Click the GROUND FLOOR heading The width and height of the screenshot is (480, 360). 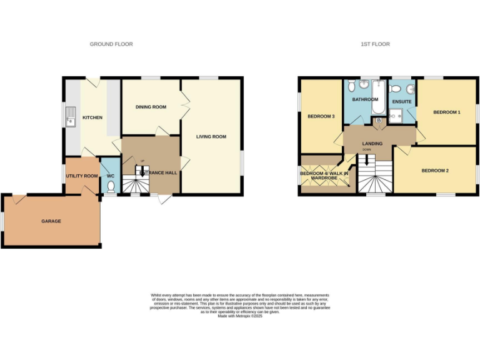[111, 44]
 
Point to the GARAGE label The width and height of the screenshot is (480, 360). [51, 221]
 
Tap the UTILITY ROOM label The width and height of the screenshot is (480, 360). [82, 176]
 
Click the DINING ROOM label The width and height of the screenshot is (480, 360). [151, 107]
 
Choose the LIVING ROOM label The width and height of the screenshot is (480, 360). [211, 136]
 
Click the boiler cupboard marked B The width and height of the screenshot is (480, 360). [379, 120]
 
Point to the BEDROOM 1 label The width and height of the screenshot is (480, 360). [446, 112]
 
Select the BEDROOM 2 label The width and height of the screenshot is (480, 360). [434, 170]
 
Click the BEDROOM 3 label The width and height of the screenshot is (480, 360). [321, 116]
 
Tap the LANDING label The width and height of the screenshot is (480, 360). [372, 144]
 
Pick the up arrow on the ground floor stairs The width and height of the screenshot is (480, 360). [142, 170]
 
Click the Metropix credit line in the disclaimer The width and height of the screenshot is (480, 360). [240, 316]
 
